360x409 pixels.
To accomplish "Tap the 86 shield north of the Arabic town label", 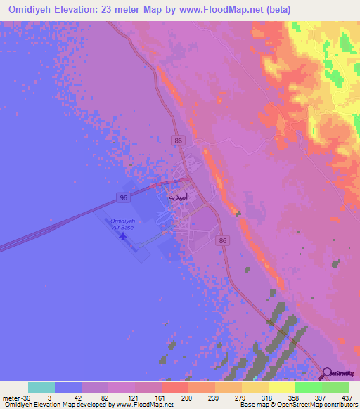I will tap(179, 141).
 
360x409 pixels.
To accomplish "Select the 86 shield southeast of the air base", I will tap(223, 240).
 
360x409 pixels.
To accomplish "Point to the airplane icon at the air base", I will tap(124, 236).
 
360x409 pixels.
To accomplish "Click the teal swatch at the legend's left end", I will tap(41, 387).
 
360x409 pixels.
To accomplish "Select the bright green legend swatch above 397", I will tap(309, 387).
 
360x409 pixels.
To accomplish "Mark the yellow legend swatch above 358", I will tap(282, 387).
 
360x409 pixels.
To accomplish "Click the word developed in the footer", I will tap(94, 405).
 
